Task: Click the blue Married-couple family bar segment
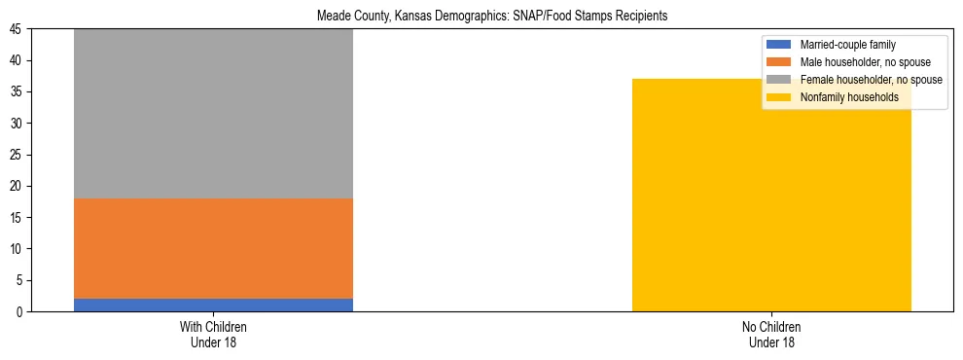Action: [213, 305]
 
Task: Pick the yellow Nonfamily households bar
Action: [771, 195]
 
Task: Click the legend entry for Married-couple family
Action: [847, 45]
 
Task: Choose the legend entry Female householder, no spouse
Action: [871, 80]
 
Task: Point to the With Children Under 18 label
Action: [213, 334]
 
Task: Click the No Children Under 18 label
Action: [771, 334]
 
